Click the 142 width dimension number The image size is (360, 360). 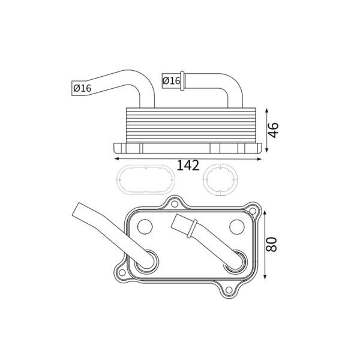tap(188, 166)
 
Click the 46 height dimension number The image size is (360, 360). tap(274, 130)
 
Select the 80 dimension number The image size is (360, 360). tap(272, 244)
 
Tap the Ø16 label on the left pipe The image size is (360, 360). tap(82, 88)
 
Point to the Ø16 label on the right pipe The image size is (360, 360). tap(171, 80)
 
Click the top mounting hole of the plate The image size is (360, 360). tap(175, 203)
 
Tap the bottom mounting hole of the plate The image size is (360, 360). tap(229, 290)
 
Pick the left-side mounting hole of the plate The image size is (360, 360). tap(122, 272)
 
